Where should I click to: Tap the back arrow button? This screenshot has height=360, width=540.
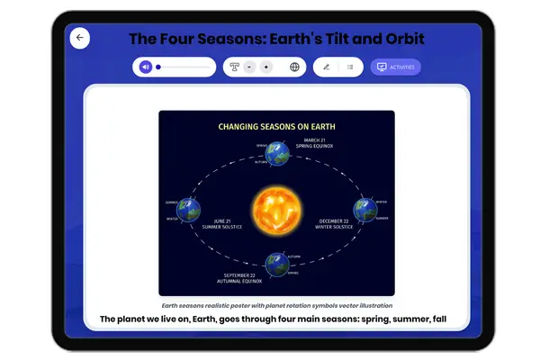pyautogui.click(x=80, y=38)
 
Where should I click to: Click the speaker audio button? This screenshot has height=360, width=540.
pyautogui.click(x=146, y=67)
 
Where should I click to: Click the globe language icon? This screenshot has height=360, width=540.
pyautogui.click(x=294, y=67)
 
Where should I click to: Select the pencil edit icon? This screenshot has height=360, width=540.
pyautogui.click(x=326, y=67)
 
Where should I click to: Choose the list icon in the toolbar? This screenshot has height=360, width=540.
pyautogui.click(x=350, y=67)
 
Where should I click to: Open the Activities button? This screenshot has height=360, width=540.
pyautogui.click(x=395, y=67)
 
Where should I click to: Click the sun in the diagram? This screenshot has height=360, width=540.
pyautogui.click(x=277, y=206)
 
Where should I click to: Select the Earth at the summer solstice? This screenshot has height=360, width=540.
pyautogui.click(x=187, y=209)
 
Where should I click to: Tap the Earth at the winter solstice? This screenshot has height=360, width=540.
pyautogui.click(x=364, y=209)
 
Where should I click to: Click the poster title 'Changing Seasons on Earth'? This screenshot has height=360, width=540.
pyautogui.click(x=276, y=127)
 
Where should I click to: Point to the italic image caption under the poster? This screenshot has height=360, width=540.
pyautogui.click(x=277, y=305)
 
